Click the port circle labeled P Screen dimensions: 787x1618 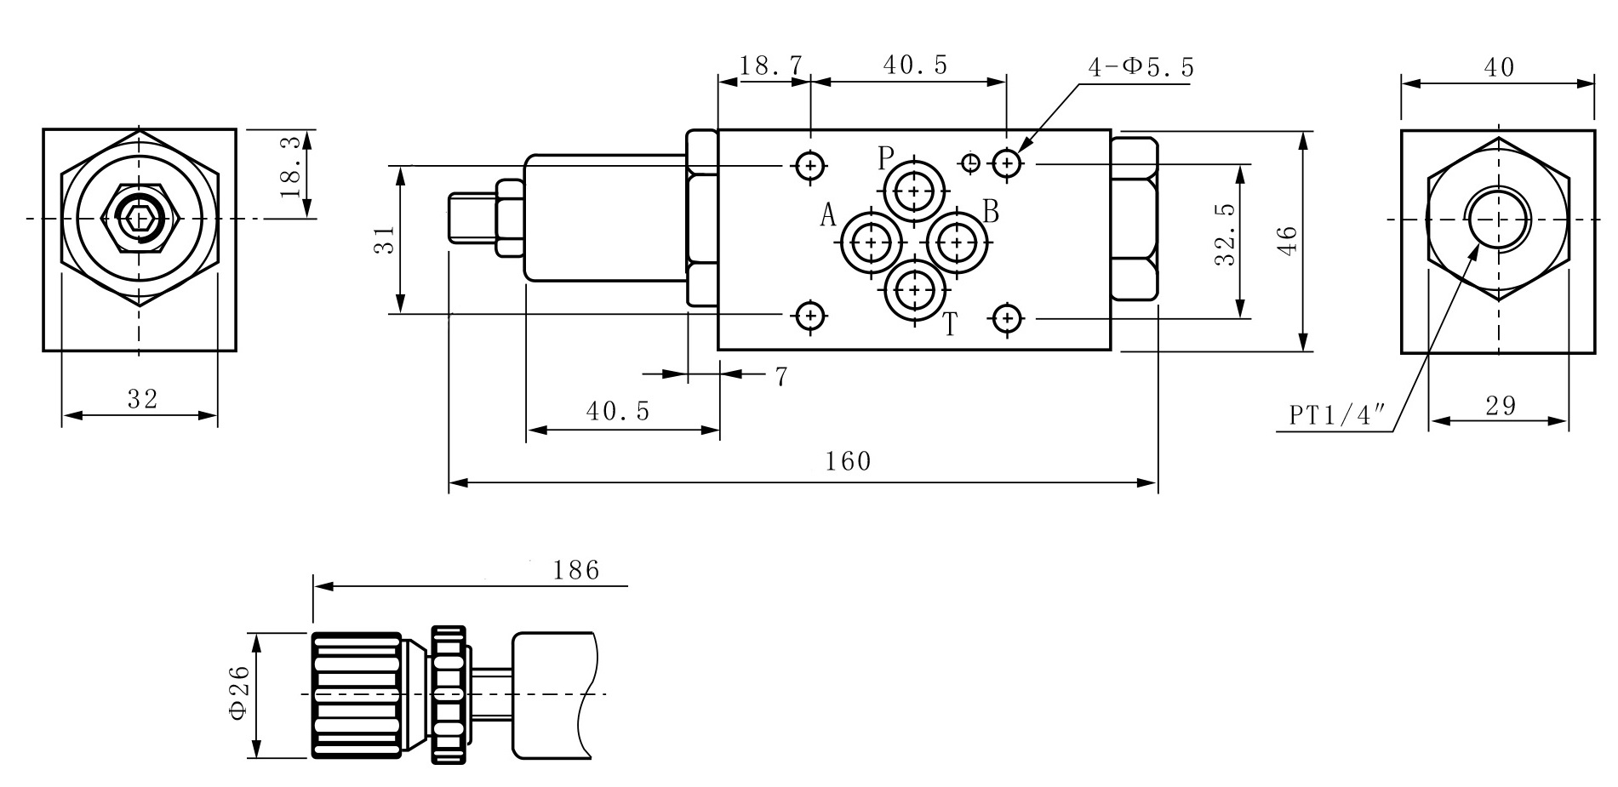(x=914, y=191)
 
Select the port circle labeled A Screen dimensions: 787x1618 (x=871, y=243)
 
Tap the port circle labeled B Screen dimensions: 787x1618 (x=958, y=243)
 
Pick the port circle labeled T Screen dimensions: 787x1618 (x=915, y=290)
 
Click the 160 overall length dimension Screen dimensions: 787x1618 (x=849, y=461)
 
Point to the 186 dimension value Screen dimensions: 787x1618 (x=576, y=569)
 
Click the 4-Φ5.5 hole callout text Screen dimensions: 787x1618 (x=1141, y=67)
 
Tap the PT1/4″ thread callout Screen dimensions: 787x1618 (x=1337, y=414)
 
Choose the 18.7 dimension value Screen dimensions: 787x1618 (x=770, y=66)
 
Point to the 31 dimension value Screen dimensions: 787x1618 (x=386, y=239)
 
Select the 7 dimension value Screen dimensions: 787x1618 (x=780, y=376)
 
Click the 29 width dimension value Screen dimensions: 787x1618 (x=1501, y=406)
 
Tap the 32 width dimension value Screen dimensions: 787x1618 (x=142, y=398)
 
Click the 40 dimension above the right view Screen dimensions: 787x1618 (x=1499, y=67)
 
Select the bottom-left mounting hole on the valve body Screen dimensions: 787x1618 (x=810, y=317)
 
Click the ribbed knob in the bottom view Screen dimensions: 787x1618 (x=357, y=694)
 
